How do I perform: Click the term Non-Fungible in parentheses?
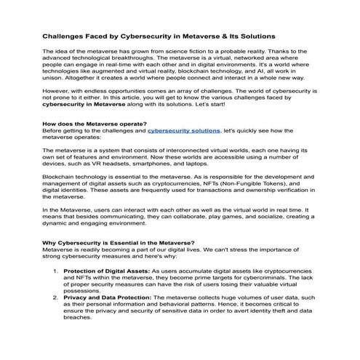(236, 186)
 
